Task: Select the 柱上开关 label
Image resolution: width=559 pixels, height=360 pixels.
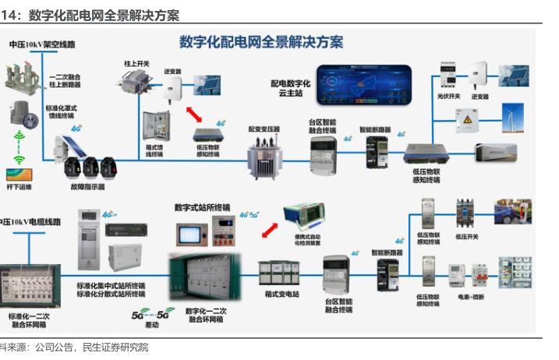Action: click(x=136, y=62)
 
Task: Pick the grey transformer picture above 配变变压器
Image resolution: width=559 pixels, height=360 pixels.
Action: click(x=264, y=159)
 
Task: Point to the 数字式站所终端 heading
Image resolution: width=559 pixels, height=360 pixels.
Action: click(x=202, y=206)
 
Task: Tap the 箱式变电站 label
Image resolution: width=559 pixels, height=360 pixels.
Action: click(x=282, y=294)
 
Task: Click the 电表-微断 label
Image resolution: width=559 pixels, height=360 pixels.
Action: click(x=471, y=297)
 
